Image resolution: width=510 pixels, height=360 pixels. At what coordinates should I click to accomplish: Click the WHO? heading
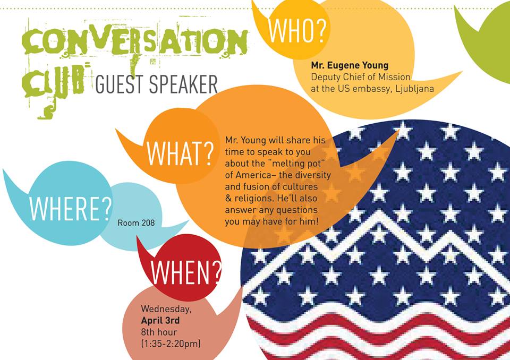click(297, 30)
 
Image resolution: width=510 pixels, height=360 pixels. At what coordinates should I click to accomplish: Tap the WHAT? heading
click(180, 153)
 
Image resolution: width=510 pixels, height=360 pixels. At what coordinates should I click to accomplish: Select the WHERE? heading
click(70, 209)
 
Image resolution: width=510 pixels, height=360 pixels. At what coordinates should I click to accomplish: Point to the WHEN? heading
click(186, 272)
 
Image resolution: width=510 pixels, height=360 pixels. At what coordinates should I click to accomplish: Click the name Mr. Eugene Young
click(350, 66)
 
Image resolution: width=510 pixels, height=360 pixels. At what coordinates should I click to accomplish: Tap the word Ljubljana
click(414, 89)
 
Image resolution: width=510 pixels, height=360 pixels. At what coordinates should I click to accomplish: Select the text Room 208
click(136, 223)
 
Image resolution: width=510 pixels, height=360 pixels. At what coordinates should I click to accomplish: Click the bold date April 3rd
click(160, 321)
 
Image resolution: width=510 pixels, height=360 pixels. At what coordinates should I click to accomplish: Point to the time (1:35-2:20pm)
click(171, 344)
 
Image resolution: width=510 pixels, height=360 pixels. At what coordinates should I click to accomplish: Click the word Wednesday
click(166, 309)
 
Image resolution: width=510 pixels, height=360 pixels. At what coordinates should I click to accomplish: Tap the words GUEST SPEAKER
click(156, 84)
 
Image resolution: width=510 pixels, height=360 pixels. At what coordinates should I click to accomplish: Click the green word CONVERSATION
click(134, 41)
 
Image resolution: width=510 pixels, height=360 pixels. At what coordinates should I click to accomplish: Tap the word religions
click(253, 199)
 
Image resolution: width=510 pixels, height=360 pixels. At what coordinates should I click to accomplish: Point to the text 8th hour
click(159, 332)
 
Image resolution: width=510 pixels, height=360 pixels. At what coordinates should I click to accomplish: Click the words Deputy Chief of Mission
click(361, 77)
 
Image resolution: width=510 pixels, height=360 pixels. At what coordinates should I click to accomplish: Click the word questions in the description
click(296, 210)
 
